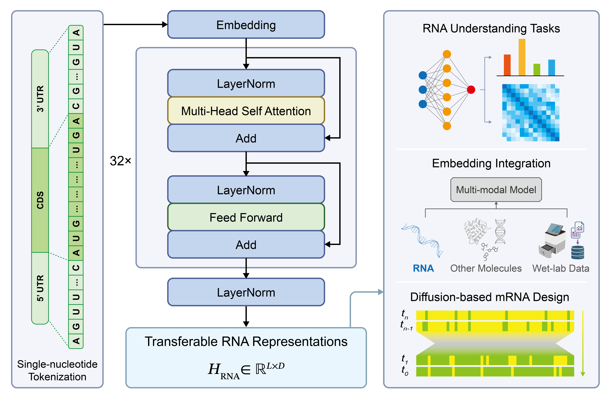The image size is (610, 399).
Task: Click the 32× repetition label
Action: point(120,161)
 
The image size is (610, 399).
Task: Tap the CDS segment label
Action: point(40,200)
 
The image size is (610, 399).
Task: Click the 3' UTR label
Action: point(40,99)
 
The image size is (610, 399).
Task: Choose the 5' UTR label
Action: point(40,288)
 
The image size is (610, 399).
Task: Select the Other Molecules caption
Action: point(486,268)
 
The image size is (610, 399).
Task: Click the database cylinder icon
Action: point(578,253)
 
